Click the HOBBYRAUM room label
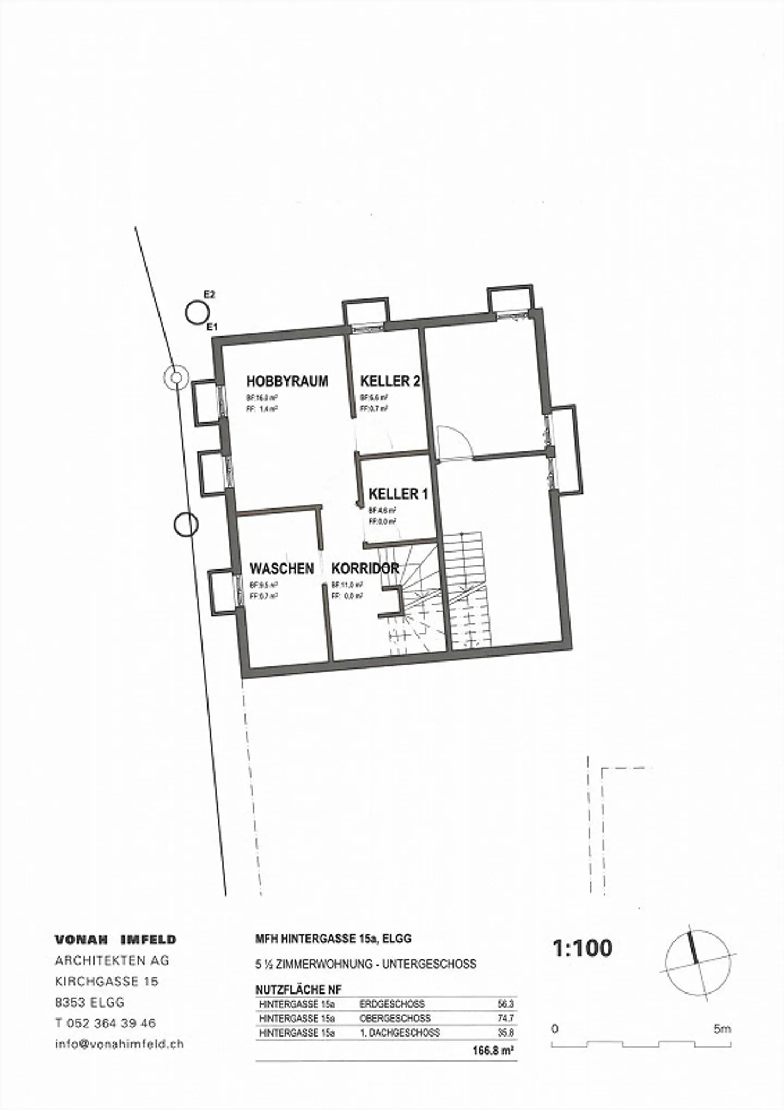tap(287, 381)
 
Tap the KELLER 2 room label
tap(390, 381)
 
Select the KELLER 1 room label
tap(398, 494)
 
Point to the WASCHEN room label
tap(281, 569)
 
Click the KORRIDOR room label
tap(365, 568)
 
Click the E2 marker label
tap(209, 295)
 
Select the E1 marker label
tap(212, 327)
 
